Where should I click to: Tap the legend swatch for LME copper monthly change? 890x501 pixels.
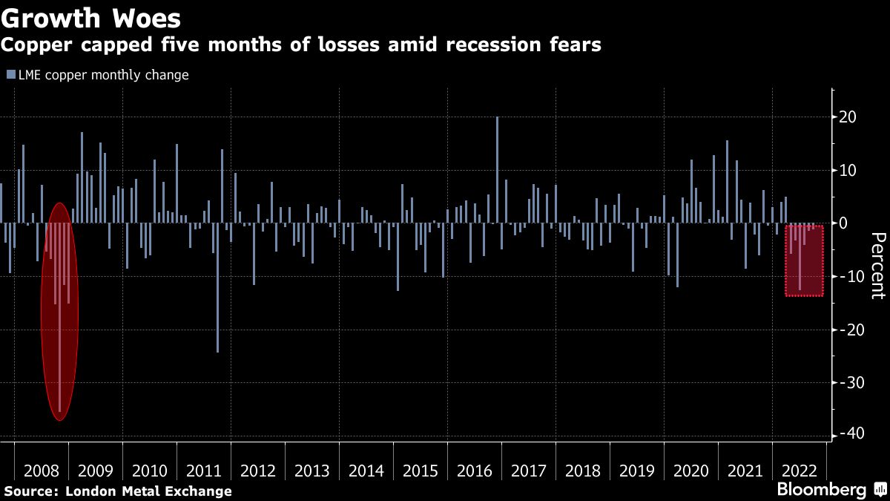pyautogui.click(x=10, y=75)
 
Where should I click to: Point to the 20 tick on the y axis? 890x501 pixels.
pyautogui.click(x=848, y=117)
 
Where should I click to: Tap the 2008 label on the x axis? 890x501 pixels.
pyautogui.click(x=42, y=471)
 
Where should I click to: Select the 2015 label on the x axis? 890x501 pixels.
pyautogui.click(x=420, y=471)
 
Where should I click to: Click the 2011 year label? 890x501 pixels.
pyautogui.click(x=204, y=471)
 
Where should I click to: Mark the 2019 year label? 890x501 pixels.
pyautogui.click(x=636, y=471)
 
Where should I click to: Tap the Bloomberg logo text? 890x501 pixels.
pyautogui.click(x=821, y=490)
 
